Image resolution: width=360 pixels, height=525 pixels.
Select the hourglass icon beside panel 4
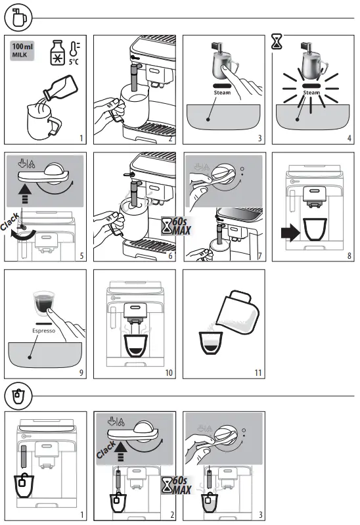click(276, 43)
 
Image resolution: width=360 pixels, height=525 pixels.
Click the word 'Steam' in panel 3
click(221, 93)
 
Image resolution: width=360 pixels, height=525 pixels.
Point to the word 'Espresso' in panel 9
click(43, 332)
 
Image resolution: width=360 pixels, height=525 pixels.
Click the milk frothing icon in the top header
click(20, 18)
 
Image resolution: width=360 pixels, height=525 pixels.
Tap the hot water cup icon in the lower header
click(20, 397)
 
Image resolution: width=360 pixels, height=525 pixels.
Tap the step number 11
click(258, 373)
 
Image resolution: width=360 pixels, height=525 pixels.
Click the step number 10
click(169, 373)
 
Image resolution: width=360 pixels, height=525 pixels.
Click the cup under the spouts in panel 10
click(135, 344)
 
